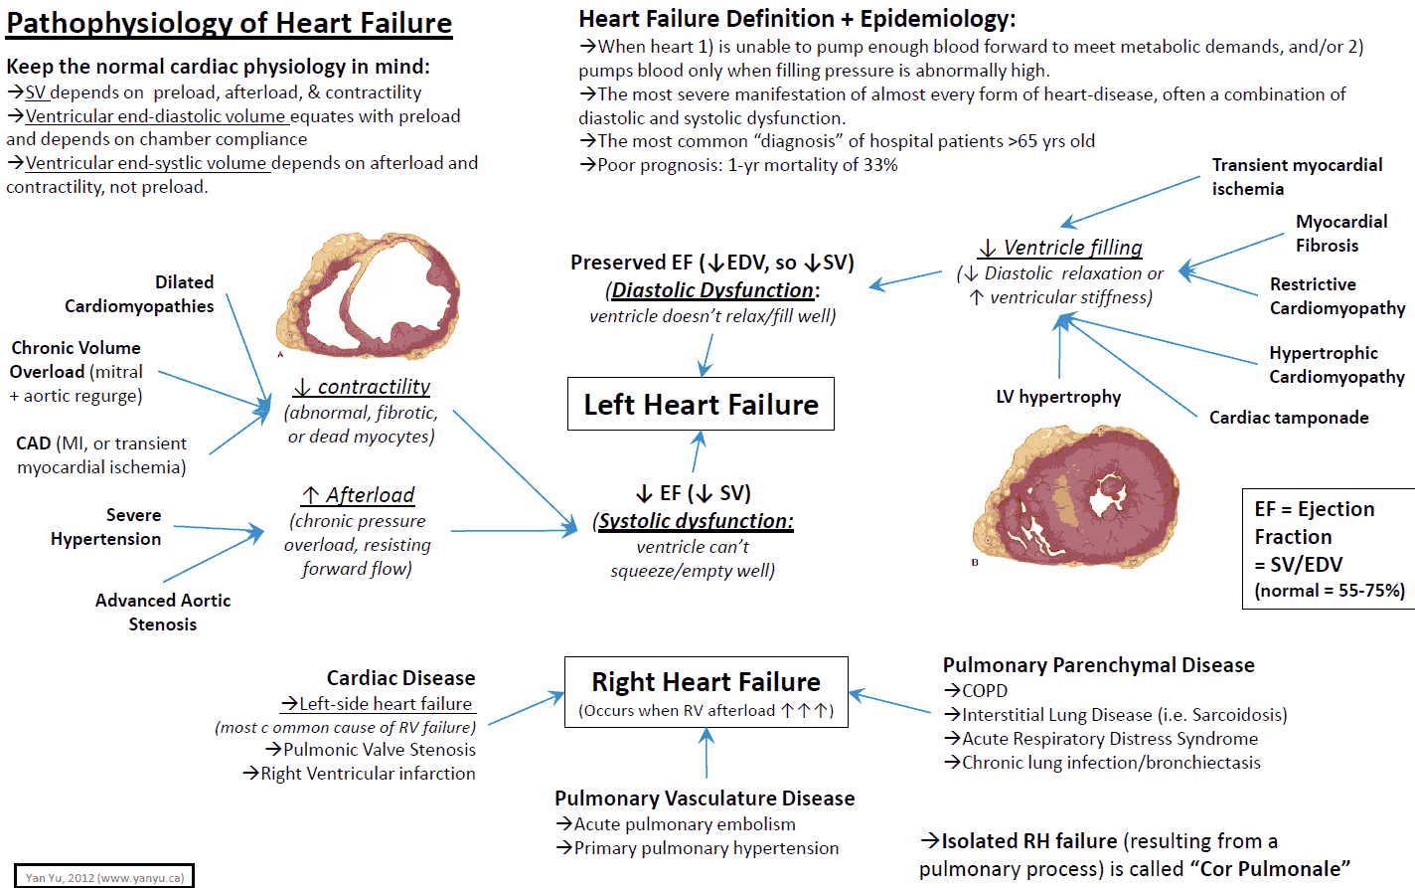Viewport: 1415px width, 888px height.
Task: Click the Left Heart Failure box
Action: pyautogui.click(x=701, y=405)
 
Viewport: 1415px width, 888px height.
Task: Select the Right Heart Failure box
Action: pyautogui.click(x=706, y=692)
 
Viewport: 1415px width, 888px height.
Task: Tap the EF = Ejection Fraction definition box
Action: pyautogui.click(x=1329, y=549)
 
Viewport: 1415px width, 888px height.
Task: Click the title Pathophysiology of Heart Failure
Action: pyautogui.click(x=230, y=23)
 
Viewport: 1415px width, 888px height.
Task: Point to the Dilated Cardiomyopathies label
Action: pyautogui.click(x=140, y=294)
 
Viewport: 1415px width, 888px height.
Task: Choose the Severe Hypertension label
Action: pyautogui.click(x=106, y=527)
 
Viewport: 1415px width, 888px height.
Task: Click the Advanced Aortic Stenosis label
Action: pyautogui.click(x=163, y=613)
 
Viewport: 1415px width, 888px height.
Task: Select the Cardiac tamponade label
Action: pyautogui.click(x=1289, y=418)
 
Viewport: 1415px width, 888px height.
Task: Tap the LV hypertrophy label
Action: pyautogui.click(x=1058, y=397)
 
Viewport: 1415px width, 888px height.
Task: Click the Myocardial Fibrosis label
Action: pyautogui.click(x=1340, y=234)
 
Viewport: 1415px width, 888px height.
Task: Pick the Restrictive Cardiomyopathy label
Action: pyautogui.click(x=1336, y=296)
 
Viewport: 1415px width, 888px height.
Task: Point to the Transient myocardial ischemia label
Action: pyautogui.click(x=1297, y=177)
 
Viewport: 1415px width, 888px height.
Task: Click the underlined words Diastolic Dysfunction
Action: pyautogui.click(x=712, y=290)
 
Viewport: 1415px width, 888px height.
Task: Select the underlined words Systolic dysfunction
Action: pyautogui.click(x=696, y=521)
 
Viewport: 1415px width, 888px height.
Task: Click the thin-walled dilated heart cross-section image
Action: pyautogui.click(x=369, y=295)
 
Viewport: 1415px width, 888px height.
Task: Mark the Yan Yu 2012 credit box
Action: pyautogui.click(x=104, y=877)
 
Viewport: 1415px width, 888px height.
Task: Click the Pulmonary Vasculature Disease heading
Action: pyautogui.click(x=705, y=799)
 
